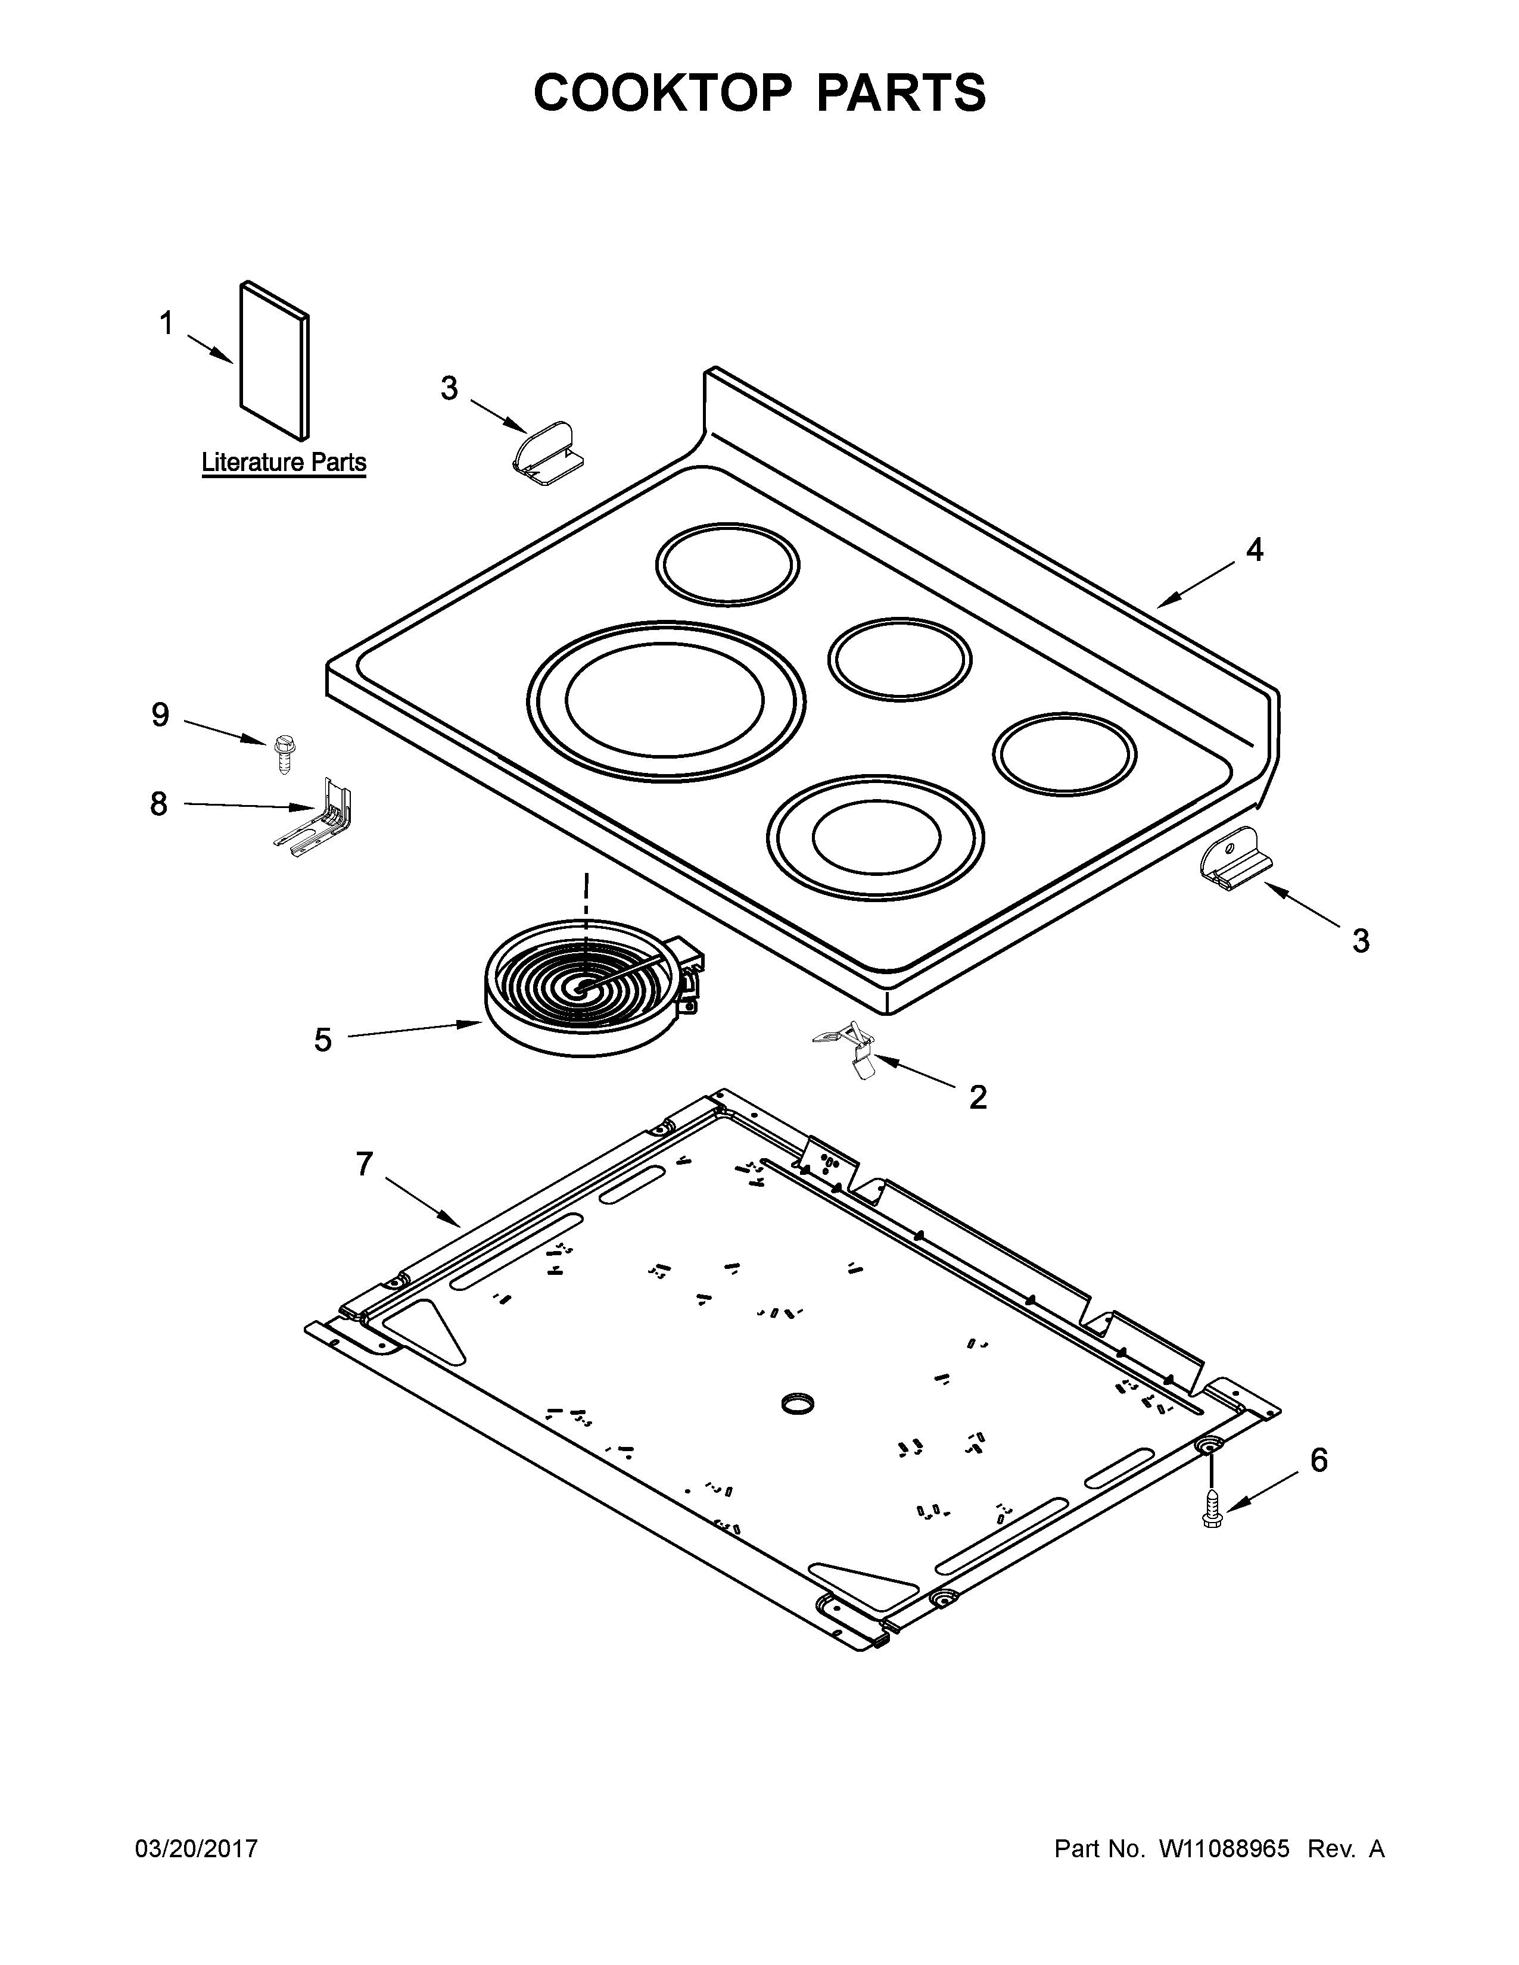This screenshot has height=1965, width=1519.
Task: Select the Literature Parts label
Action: click(x=284, y=463)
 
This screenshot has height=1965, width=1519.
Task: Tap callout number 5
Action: click(x=323, y=1040)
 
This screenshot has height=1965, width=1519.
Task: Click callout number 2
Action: click(x=978, y=1097)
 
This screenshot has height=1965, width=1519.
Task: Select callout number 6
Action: click(x=1318, y=1460)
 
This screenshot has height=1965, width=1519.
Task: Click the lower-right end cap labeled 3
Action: click(x=1235, y=859)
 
